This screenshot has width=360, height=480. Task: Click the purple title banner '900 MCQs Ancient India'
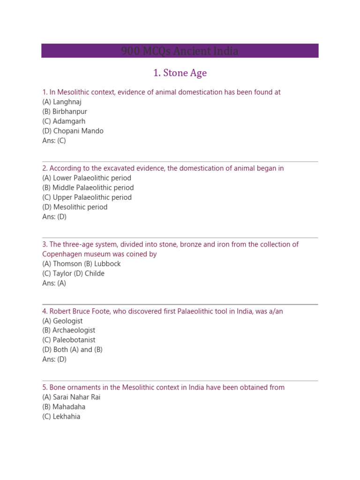point(180,51)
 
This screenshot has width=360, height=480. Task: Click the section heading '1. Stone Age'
point(180,73)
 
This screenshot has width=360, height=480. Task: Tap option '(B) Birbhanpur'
point(65,112)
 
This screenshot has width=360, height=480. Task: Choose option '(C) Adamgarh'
point(64,121)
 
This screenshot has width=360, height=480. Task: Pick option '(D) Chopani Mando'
point(73,131)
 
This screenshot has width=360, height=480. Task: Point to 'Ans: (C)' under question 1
point(54,141)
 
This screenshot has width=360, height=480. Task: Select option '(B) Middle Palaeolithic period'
point(88,187)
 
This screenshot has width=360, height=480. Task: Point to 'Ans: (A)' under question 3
point(54,283)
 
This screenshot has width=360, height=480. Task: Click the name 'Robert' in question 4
point(61,311)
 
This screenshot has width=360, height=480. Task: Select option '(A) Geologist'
point(62,321)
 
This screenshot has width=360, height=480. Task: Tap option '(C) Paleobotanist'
point(68,340)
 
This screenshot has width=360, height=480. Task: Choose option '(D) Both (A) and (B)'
point(72,350)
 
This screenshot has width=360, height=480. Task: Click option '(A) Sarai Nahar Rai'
point(71,397)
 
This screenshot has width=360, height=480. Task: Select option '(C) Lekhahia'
point(61,417)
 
